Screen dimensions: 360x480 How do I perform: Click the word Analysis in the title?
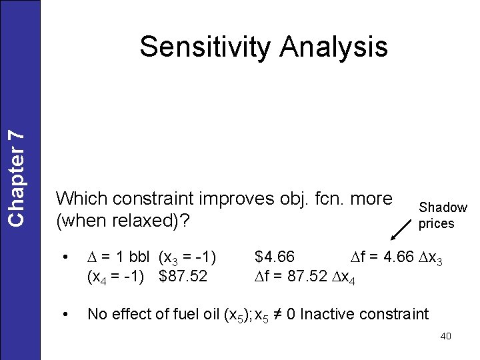point(334,47)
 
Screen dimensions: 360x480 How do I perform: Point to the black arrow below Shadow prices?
point(401,229)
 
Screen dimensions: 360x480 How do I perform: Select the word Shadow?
point(443,208)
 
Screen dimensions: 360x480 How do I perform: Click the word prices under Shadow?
point(436,224)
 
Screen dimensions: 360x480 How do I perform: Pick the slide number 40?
point(445,336)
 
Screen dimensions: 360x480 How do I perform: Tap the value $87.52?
point(183,275)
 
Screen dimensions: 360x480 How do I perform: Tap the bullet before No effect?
point(65,314)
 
